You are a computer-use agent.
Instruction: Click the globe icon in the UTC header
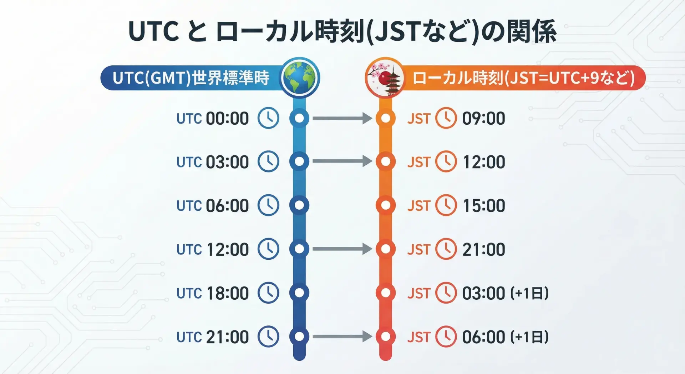point(300,78)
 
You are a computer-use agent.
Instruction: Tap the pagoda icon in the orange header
point(385,78)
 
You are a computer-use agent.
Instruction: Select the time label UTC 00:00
point(213,118)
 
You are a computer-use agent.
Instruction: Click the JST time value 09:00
point(484,118)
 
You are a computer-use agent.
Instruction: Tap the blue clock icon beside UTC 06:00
point(268,205)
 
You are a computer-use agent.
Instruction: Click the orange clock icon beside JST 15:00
point(446,205)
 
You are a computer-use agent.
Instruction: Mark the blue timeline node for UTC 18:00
point(299,293)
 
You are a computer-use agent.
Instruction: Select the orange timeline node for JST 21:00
point(386,249)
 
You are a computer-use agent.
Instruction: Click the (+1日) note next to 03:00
point(529,293)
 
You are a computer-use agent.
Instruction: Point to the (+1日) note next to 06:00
point(529,337)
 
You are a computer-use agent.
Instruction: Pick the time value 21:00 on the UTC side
point(227,337)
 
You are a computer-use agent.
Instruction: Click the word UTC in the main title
point(153,31)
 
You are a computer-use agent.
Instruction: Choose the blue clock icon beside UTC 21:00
point(268,336)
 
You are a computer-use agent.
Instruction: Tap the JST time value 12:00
point(484,162)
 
